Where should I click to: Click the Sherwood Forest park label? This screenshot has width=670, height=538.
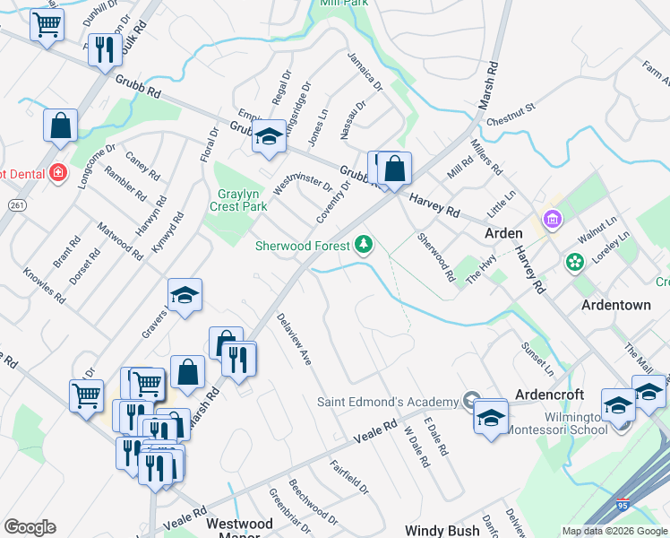coord(303,244)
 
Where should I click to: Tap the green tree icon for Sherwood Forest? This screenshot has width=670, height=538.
coord(364,244)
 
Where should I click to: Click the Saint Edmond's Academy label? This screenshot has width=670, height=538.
coord(388,401)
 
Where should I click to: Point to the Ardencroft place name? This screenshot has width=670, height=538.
coord(549,395)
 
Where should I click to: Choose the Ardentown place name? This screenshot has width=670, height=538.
coord(616,305)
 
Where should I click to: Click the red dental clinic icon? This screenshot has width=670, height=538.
coord(58,172)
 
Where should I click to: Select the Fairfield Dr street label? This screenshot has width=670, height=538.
coord(348,478)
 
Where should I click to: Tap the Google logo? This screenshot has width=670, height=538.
coord(30,527)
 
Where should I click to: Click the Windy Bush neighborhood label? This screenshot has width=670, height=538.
coord(442,531)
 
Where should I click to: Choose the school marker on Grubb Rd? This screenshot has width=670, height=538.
coord(267,139)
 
